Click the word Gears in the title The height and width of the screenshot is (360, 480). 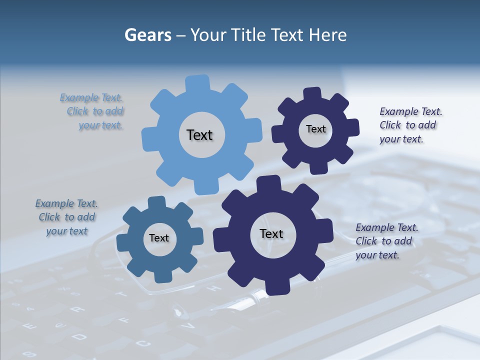tap(147, 35)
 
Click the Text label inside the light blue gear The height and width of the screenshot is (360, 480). tap(199, 135)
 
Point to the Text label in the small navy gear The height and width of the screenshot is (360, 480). tap(315, 129)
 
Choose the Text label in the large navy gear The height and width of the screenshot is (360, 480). tap(271, 233)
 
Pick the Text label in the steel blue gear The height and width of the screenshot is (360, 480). tap(159, 238)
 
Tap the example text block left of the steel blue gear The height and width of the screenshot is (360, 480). tap(66, 217)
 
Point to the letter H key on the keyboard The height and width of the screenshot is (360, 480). tap(213, 288)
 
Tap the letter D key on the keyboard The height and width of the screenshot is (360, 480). tap(79, 337)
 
